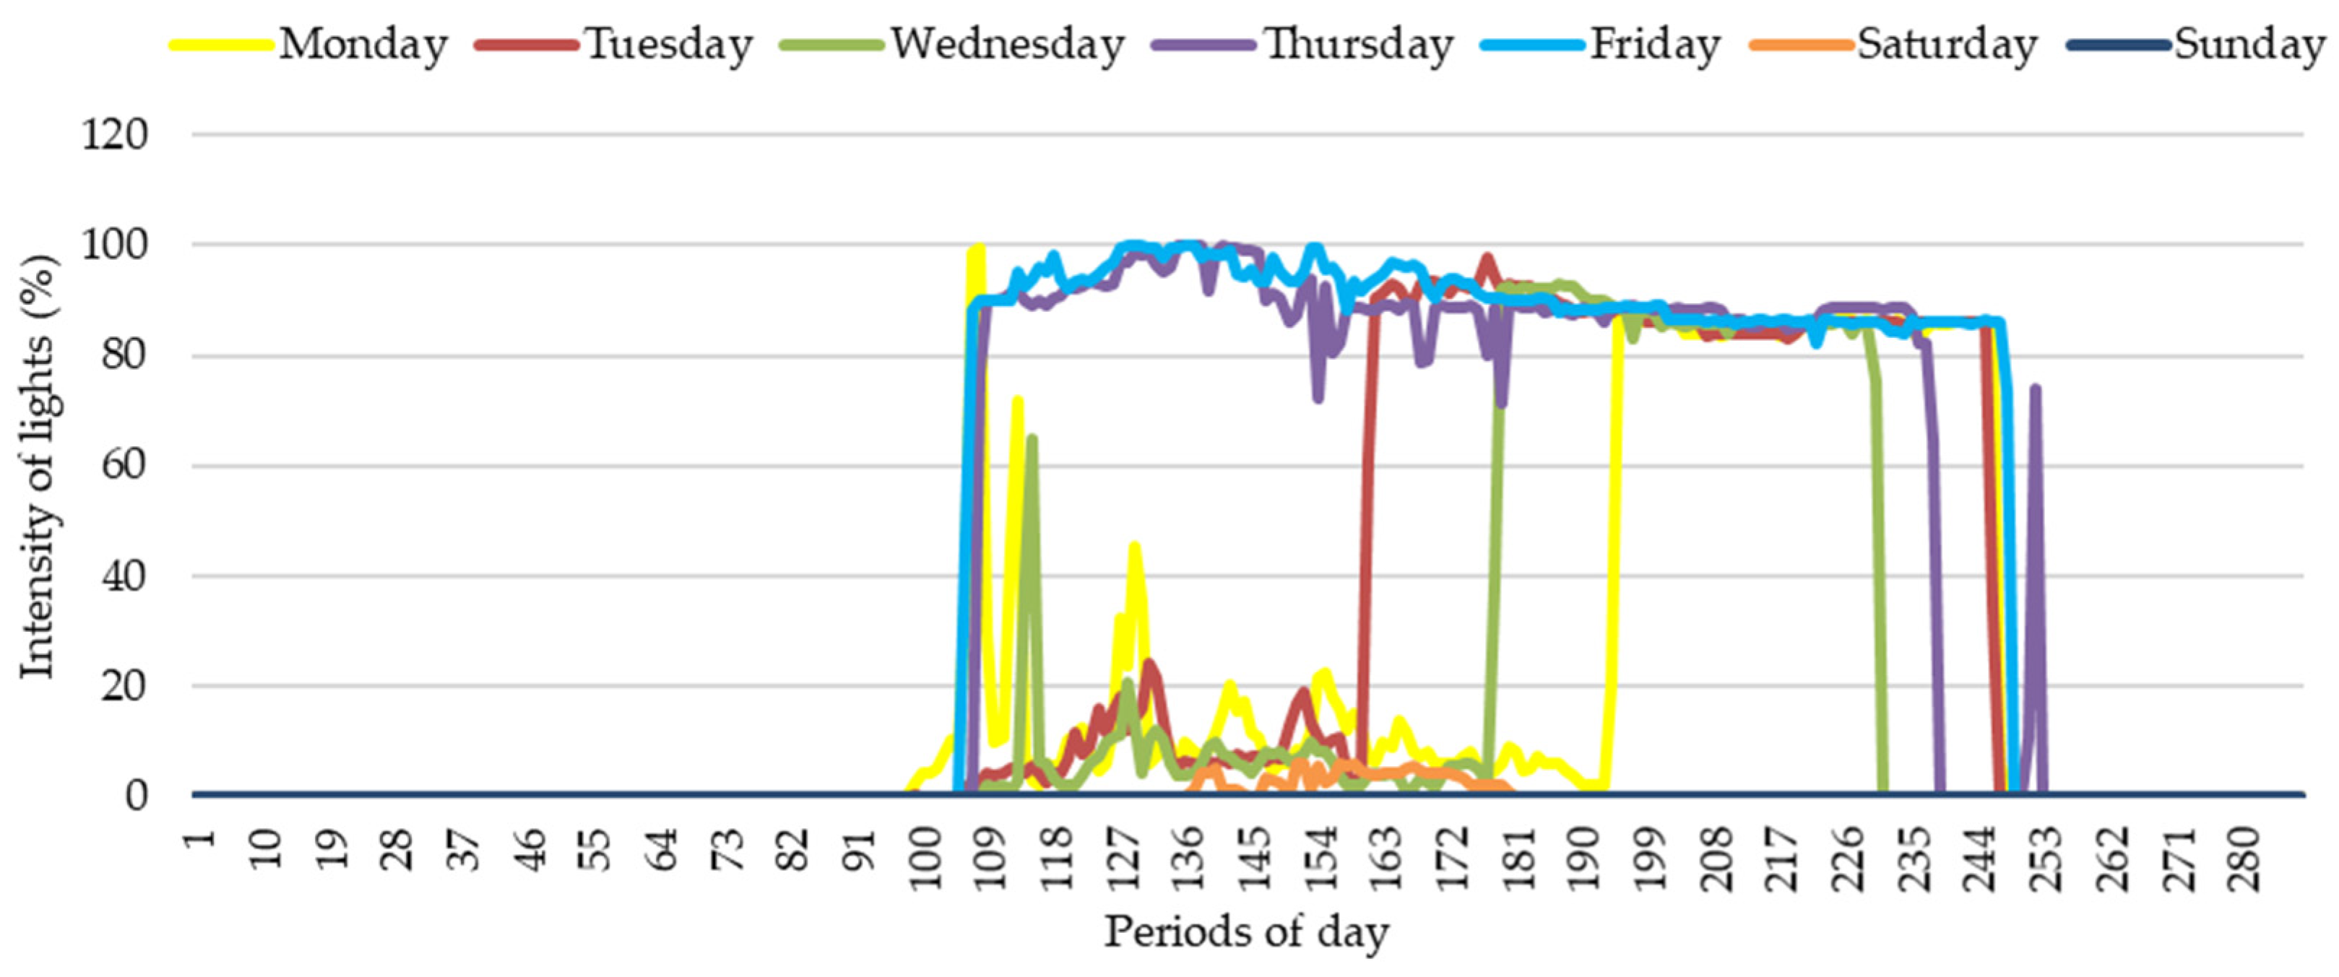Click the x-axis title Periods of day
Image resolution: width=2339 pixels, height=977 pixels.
pyautogui.click(x=1246, y=932)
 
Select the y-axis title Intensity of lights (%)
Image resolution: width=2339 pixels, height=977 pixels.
pyautogui.click(x=38, y=465)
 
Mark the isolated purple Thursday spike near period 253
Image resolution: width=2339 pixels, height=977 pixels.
pyautogui.click(x=2036, y=391)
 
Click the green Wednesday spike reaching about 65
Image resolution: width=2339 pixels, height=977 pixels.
pyautogui.click(x=1032, y=441)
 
